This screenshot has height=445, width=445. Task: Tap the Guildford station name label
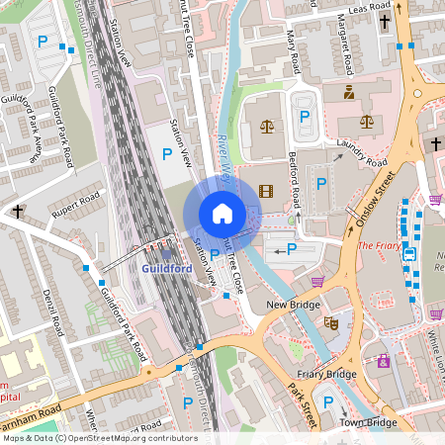pos(166,268)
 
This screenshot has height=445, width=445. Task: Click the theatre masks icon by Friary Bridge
pos(331,322)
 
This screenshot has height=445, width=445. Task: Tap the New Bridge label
pos(294,305)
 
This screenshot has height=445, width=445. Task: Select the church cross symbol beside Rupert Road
pos(17,211)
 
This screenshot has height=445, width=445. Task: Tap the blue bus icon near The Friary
pos(409,254)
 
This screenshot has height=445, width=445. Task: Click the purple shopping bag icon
pos(383,361)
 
